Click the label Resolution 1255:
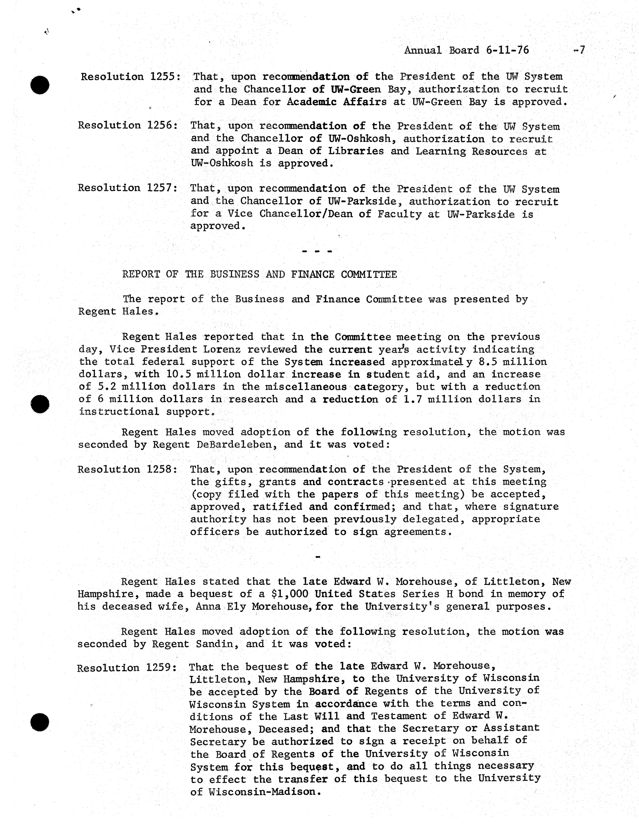point(130,77)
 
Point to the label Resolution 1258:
point(127,470)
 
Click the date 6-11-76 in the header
point(507,50)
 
